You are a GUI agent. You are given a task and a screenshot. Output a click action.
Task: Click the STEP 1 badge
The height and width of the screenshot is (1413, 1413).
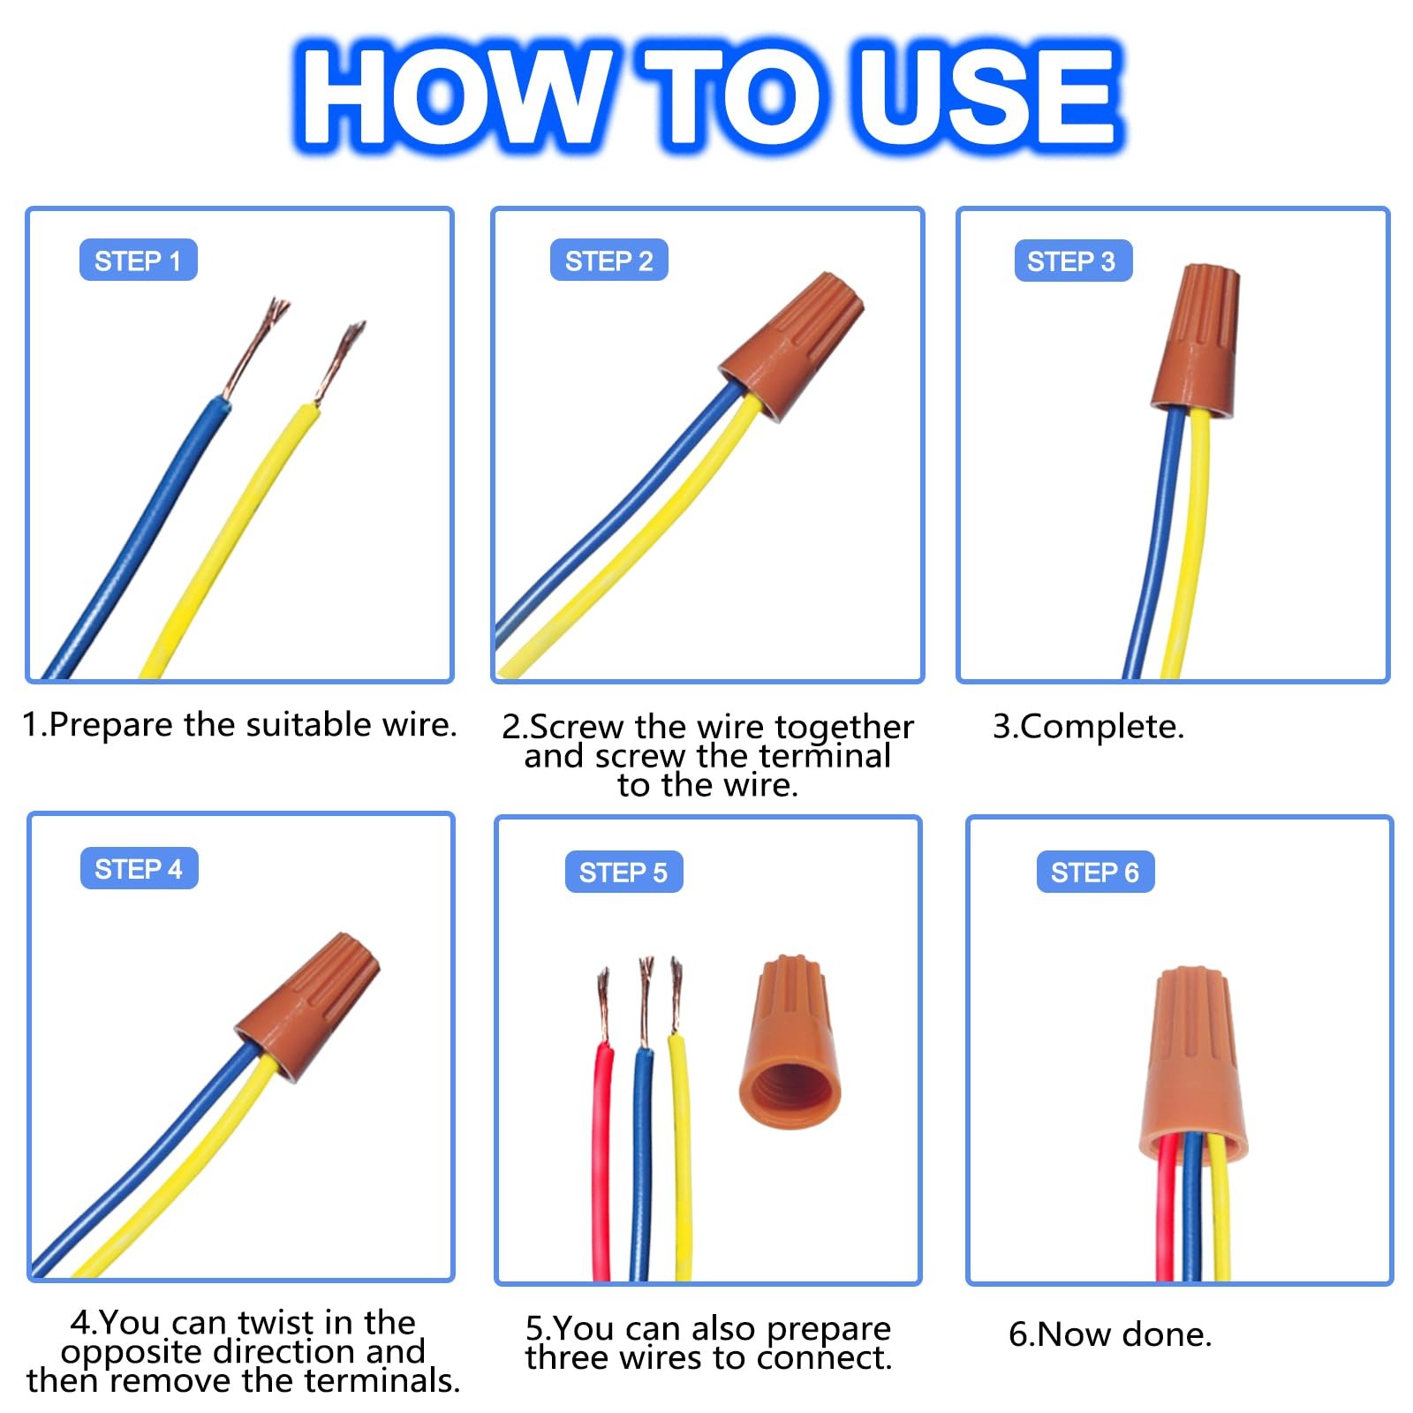tap(138, 261)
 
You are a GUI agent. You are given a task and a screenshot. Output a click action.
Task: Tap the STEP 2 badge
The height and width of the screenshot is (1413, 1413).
tap(608, 261)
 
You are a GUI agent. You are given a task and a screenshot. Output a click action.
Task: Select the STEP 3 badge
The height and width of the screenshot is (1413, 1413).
tap(1073, 261)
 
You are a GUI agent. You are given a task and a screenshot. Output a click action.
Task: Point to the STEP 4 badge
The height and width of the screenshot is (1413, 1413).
tap(139, 869)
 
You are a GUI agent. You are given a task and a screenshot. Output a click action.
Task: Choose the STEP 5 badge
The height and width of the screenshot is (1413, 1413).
tap(623, 873)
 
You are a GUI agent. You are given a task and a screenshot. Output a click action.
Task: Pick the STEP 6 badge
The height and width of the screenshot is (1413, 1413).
tap(1095, 873)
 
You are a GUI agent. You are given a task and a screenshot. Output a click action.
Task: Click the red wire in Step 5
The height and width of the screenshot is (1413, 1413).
tap(602, 1161)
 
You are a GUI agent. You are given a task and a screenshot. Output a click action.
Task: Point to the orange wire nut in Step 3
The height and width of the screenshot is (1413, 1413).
tap(1195, 340)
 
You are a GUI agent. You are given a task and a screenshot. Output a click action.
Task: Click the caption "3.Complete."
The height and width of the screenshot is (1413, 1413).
tap(1088, 727)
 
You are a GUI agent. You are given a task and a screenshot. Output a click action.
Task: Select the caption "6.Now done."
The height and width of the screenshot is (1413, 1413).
tap(1110, 1334)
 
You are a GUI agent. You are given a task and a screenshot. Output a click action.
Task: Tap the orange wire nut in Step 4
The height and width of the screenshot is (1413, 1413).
tap(307, 1007)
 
